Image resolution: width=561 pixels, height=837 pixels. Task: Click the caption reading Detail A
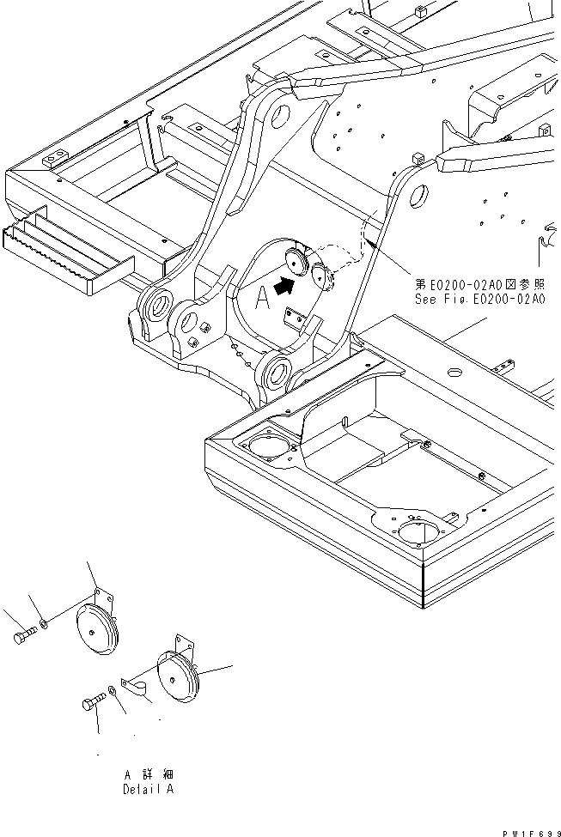tap(148, 789)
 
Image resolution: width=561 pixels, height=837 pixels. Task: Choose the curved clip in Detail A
tap(133, 683)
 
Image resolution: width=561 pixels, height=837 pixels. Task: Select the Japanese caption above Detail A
tap(148, 774)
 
